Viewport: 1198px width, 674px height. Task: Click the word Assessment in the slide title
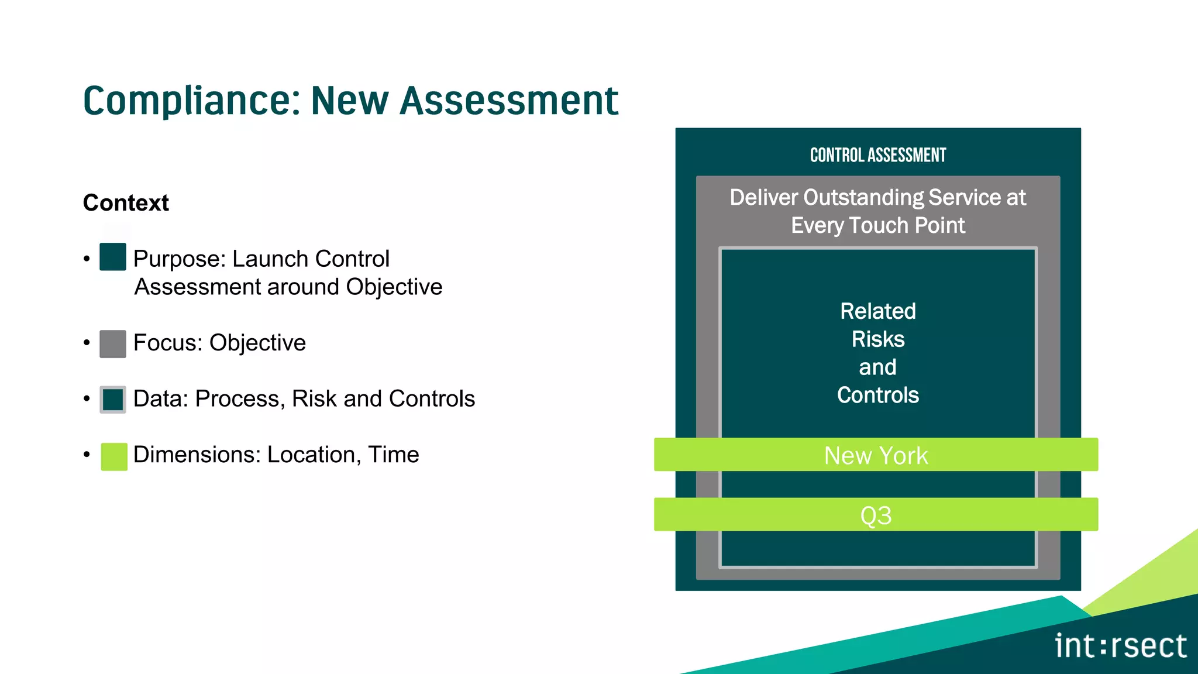pos(509,101)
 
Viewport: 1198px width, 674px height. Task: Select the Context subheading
pos(126,203)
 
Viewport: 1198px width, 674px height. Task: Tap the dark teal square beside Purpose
pos(113,257)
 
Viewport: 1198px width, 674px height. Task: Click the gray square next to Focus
pos(113,343)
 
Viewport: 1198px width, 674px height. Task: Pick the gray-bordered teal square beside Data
pos(113,400)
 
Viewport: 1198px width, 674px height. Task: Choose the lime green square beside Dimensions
pos(114,456)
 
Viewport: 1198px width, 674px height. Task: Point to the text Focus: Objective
pos(219,343)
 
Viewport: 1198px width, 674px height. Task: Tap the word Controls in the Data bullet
pos(432,399)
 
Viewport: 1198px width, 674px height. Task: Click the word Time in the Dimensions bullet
pos(393,455)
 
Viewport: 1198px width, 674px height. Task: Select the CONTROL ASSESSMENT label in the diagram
pos(877,155)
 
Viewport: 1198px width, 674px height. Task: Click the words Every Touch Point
pos(877,226)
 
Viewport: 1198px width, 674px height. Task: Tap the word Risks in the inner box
pos(877,339)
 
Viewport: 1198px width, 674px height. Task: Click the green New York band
pos(876,455)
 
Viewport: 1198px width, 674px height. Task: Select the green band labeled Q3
pos(876,515)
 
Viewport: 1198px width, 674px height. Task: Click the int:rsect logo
pos(1120,646)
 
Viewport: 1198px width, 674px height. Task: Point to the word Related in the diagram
pos(877,311)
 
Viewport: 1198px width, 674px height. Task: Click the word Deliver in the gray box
pos(763,198)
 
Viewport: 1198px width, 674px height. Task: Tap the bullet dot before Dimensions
pos(87,455)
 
